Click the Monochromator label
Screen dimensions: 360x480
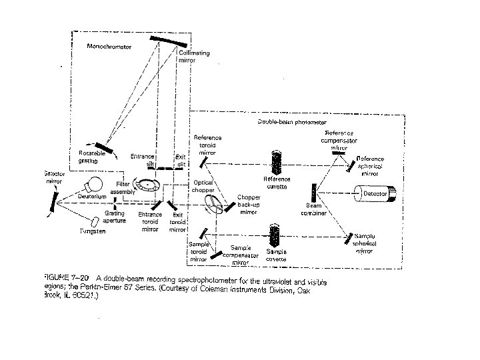coord(109,47)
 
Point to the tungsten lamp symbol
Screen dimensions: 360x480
coord(97,220)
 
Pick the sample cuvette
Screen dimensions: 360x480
coord(275,235)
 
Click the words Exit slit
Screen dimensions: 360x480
coord(180,160)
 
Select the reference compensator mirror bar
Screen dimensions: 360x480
coord(338,153)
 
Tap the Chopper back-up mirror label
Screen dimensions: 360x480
coord(247,205)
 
